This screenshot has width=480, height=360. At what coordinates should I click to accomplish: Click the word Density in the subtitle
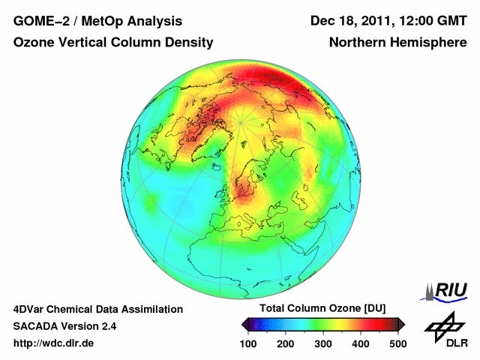pyautogui.click(x=186, y=43)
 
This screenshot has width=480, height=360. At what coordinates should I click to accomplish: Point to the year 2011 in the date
pyautogui.click(x=382, y=20)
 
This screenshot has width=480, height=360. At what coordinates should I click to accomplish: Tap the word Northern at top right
pyautogui.click(x=357, y=43)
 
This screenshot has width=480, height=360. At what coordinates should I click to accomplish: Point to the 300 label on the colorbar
pyautogui.click(x=323, y=343)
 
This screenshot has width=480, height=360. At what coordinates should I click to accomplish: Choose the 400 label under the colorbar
pyautogui.click(x=360, y=343)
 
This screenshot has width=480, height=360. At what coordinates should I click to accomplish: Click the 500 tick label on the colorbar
pyautogui.click(x=397, y=343)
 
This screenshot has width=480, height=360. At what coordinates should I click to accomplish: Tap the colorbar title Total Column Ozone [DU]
pyautogui.click(x=322, y=309)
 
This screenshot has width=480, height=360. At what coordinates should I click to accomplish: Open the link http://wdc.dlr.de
pyautogui.click(x=54, y=343)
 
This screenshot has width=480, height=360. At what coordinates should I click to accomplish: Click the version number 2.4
pyautogui.click(x=106, y=326)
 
